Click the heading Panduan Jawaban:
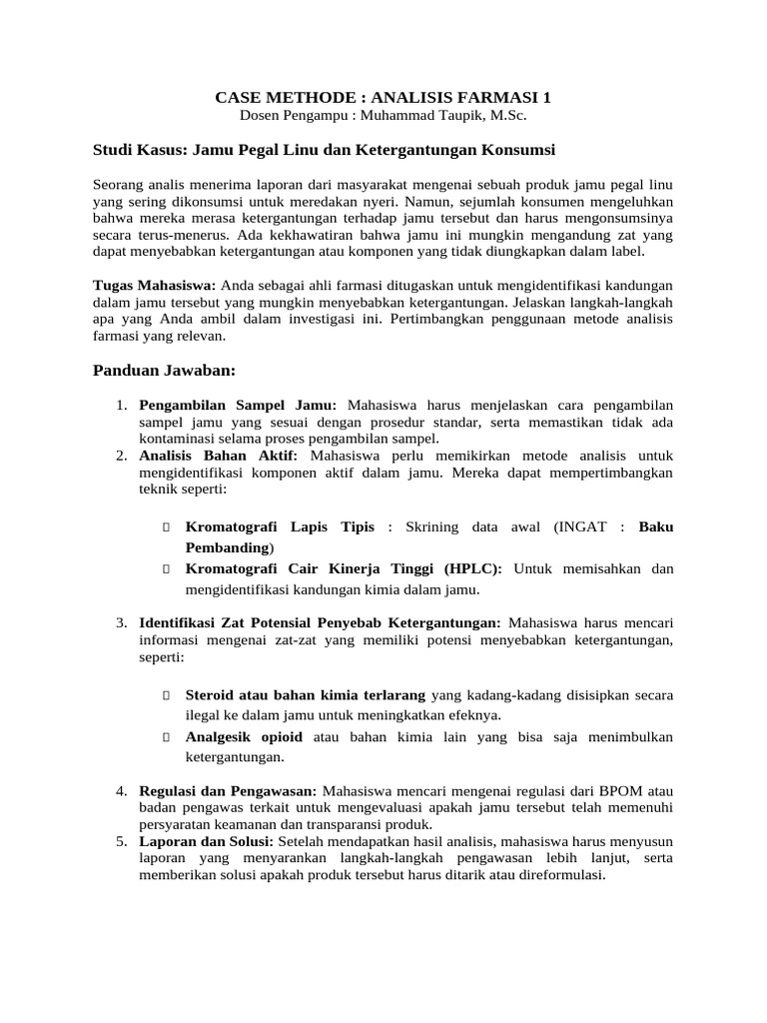point(164,371)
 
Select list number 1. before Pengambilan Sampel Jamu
point(120,406)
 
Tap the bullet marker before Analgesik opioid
point(166,737)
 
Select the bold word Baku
point(656,525)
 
